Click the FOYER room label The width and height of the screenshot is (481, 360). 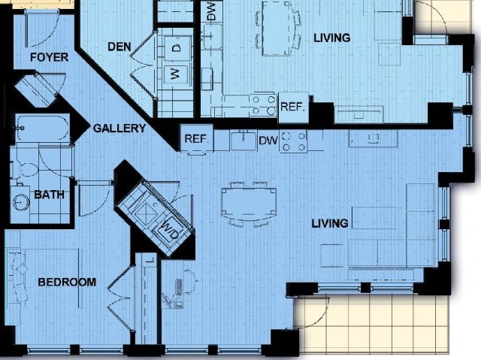pyautogui.click(x=49, y=57)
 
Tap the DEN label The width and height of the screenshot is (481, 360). pyautogui.click(x=119, y=47)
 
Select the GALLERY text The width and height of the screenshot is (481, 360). pyautogui.click(x=119, y=129)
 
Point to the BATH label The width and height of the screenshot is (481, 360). pyautogui.click(x=49, y=195)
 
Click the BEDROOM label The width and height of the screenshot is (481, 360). pyautogui.click(x=67, y=282)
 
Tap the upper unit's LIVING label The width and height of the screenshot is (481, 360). pyautogui.click(x=332, y=38)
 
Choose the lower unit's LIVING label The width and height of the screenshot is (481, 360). pyautogui.click(x=330, y=223)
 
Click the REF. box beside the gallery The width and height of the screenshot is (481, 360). pyautogui.click(x=197, y=138)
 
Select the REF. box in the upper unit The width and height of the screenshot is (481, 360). pyautogui.click(x=293, y=107)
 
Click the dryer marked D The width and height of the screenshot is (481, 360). pyautogui.click(x=176, y=48)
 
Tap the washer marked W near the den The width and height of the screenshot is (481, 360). pyautogui.click(x=175, y=74)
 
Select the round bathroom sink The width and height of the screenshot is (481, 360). pyautogui.click(x=21, y=202)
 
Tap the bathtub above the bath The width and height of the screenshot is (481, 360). pyautogui.click(x=42, y=129)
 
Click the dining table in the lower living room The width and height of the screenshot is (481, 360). pyautogui.click(x=249, y=203)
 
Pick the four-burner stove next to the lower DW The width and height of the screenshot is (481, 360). pyautogui.click(x=293, y=141)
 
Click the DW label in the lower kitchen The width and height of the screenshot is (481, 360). pyautogui.click(x=268, y=141)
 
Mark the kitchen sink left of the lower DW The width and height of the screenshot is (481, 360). pyautogui.click(x=244, y=141)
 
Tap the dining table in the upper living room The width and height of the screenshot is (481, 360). pyautogui.click(x=277, y=29)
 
